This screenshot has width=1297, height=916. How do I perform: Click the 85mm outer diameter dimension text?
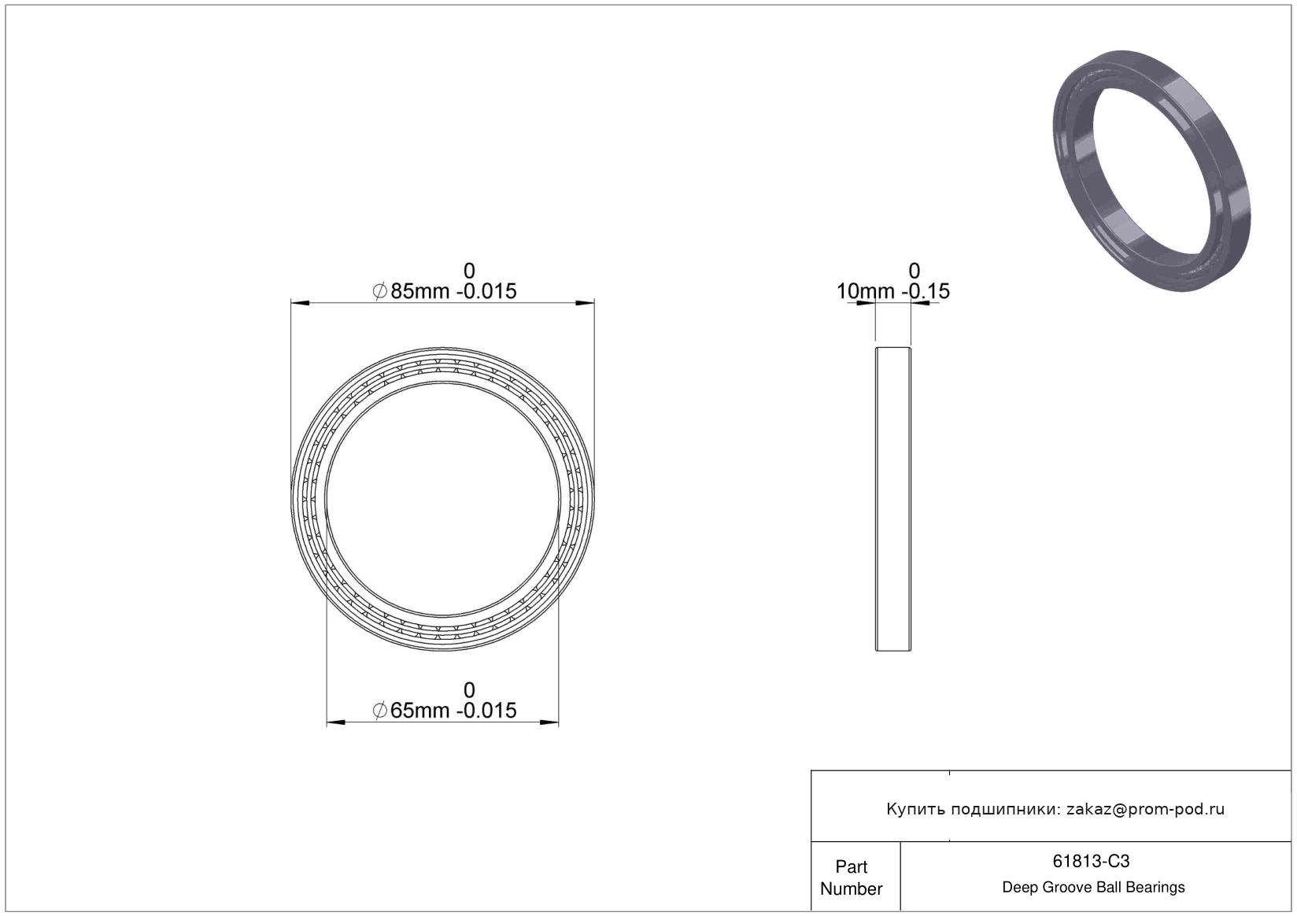point(419,291)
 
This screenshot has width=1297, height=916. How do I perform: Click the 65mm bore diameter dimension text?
point(419,711)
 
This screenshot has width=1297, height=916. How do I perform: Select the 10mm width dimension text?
point(866,291)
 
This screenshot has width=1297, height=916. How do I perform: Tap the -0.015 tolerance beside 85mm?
point(486,291)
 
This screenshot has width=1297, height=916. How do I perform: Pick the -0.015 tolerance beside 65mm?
point(486,711)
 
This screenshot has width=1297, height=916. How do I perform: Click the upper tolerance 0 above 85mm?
point(469,271)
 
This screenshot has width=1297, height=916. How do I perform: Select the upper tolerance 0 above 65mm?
point(469,690)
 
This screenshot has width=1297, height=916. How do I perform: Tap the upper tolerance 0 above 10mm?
point(915,271)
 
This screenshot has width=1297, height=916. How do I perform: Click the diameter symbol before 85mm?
point(380,291)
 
